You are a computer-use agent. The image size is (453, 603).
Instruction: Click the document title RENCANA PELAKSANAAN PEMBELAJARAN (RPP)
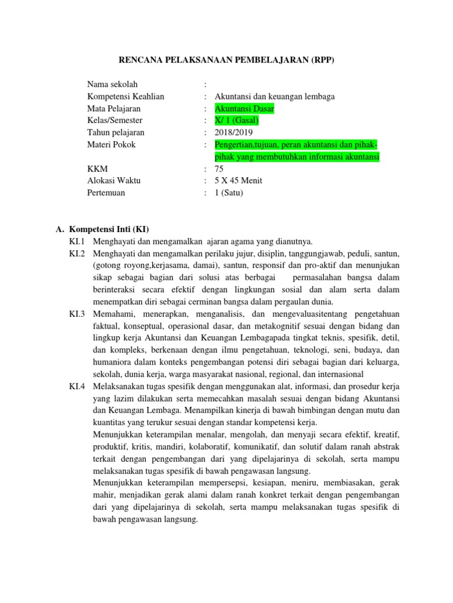click(x=227, y=60)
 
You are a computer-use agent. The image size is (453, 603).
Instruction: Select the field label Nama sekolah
click(x=113, y=84)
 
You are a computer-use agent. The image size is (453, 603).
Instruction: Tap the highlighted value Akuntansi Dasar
click(x=244, y=108)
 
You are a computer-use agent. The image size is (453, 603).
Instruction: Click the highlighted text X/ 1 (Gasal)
click(x=237, y=120)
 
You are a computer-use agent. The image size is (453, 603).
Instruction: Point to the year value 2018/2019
click(x=234, y=132)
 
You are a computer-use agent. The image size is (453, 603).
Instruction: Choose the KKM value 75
click(x=219, y=168)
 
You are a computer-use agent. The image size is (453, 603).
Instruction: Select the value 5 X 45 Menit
click(x=239, y=180)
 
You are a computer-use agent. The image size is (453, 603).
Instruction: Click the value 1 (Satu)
click(x=229, y=193)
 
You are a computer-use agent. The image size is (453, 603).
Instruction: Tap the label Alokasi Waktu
click(x=114, y=180)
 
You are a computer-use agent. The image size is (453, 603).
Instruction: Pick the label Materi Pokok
click(x=111, y=144)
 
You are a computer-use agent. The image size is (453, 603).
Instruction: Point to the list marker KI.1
click(x=77, y=241)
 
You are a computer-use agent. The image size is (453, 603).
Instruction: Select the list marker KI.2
click(x=77, y=253)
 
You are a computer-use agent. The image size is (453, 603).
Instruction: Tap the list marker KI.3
click(x=77, y=314)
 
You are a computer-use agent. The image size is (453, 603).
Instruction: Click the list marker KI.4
click(x=77, y=386)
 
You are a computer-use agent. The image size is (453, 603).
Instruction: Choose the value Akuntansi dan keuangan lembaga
click(x=275, y=97)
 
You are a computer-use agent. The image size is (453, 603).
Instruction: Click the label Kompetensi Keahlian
click(x=126, y=97)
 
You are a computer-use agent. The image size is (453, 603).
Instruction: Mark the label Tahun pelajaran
click(x=116, y=132)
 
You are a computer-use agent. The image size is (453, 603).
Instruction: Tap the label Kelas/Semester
click(x=114, y=120)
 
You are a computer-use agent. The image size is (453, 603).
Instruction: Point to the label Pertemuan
click(x=106, y=193)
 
